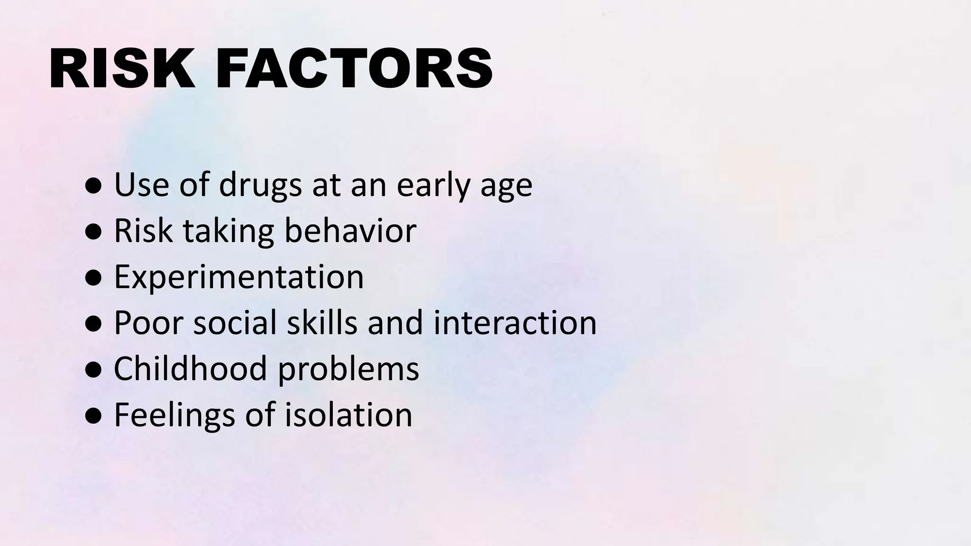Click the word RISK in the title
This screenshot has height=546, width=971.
click(121, 69)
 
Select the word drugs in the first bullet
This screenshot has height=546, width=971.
click(260, 185)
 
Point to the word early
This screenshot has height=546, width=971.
click(433, 185)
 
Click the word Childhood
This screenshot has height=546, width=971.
click(191, 369)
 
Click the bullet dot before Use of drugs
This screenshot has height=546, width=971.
click(93, 187)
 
